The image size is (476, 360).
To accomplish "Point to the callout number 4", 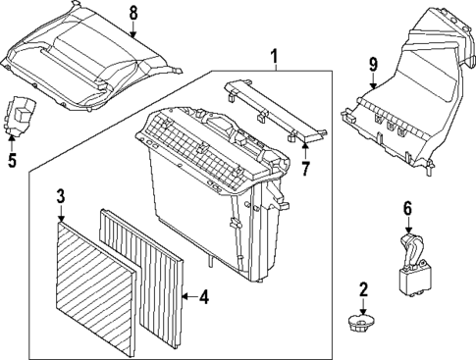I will click(203, 296).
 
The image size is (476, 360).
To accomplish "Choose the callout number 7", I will click(305, 170).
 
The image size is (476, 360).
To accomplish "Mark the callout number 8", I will click(134, 12).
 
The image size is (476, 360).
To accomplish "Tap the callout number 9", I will click(373, 65).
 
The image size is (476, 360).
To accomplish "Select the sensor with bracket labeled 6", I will click(411, 270).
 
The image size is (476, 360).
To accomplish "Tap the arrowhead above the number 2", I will click(363, 306).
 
